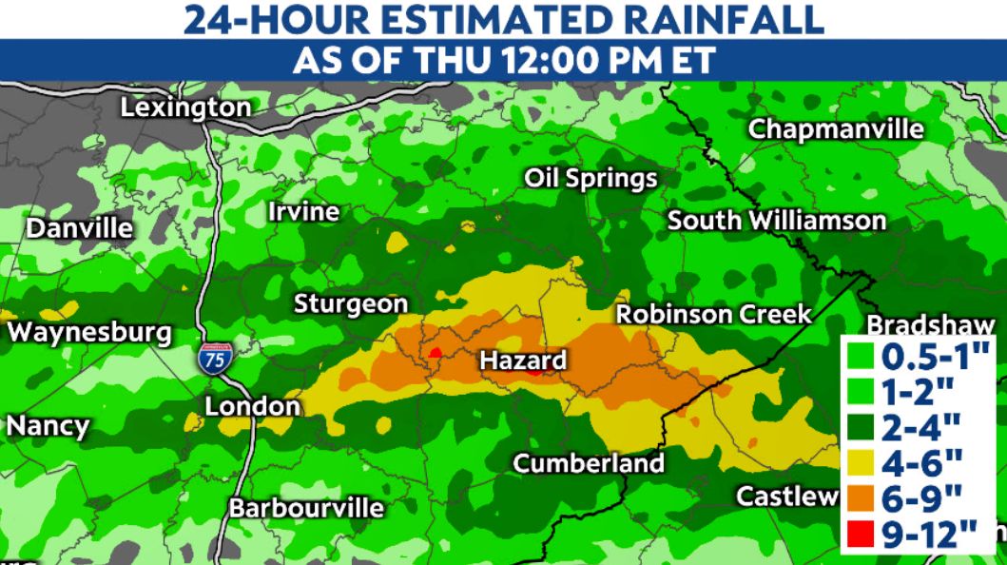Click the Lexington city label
click(184, 108)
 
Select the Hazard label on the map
click(522, 360)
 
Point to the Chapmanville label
click(836, 129)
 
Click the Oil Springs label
click(591, 178)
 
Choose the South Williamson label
click(776, 221)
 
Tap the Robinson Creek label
click(713, 314)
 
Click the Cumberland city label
click(589, 463)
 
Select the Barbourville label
click(306, 507)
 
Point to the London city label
click(253, 406)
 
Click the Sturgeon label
click(350, 304)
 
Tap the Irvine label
click(303, 211)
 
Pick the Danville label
click(79, 229)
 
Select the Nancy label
click(48, 426)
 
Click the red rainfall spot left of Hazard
click(436, 353)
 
